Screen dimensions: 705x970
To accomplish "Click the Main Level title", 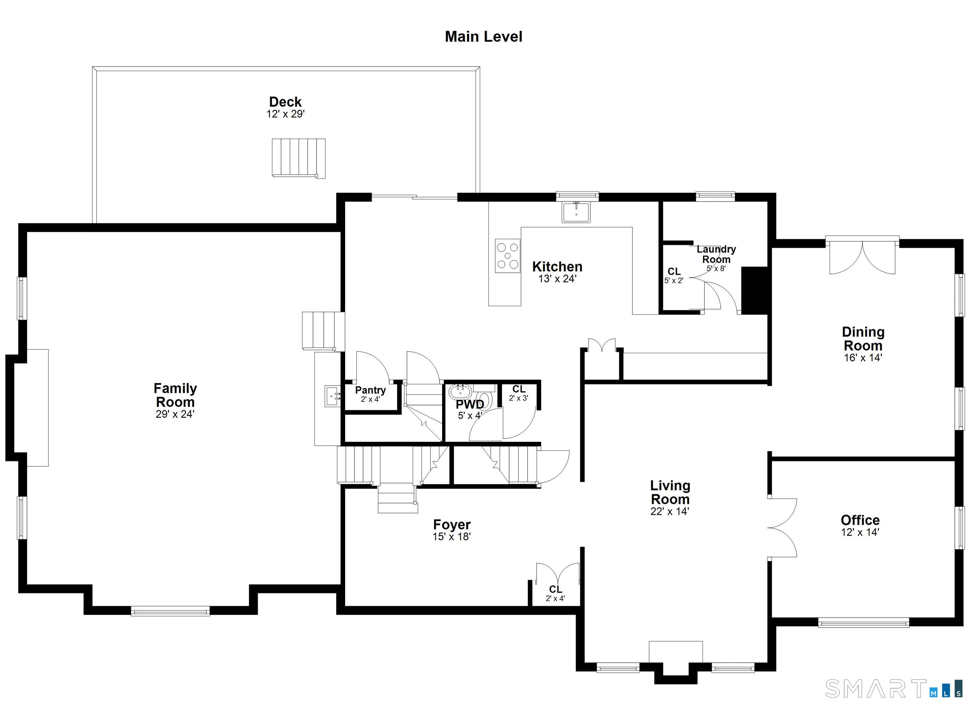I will [483, 37].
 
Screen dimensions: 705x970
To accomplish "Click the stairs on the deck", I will [298, 157].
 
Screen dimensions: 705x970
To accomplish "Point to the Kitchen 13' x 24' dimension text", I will [557, 279].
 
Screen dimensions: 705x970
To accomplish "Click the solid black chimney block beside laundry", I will [754, 291].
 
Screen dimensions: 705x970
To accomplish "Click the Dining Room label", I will [863, 339].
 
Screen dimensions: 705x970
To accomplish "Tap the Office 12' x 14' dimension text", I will [860, 532].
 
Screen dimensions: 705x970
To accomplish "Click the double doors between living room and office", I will [782, 528].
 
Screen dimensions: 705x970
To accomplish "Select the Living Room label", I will [670, 492].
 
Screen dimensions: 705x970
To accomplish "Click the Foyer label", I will [452, 524].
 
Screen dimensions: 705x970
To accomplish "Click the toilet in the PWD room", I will [485, 398].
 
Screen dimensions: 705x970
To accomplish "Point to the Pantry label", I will [370, 390].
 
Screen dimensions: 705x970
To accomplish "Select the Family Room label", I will [175, 395].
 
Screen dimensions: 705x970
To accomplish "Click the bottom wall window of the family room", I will [170, 611].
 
